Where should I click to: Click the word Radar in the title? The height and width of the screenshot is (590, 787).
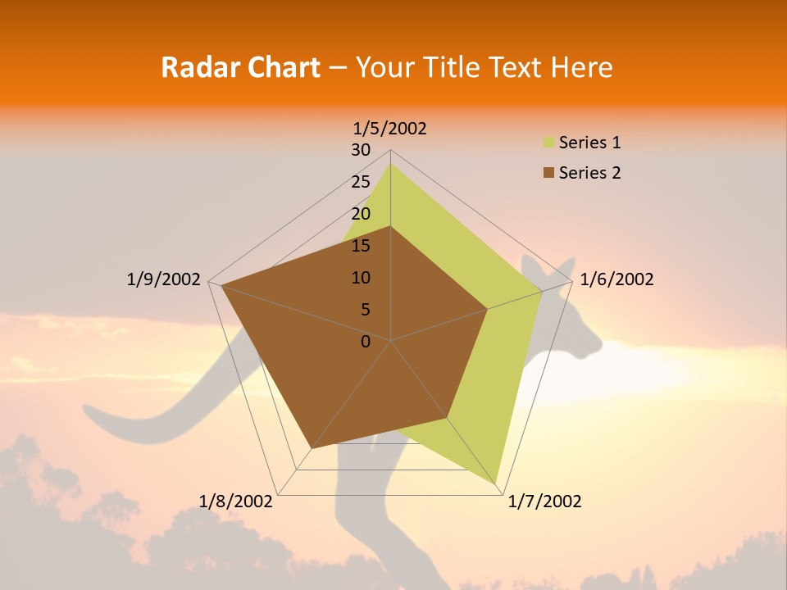194,67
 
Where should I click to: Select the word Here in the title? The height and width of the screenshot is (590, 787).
581,67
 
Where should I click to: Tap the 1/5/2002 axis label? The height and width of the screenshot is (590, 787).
390,128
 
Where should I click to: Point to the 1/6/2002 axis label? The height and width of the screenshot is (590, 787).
616,279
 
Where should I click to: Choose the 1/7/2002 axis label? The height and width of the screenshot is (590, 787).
544,501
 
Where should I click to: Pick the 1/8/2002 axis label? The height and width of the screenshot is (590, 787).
236,501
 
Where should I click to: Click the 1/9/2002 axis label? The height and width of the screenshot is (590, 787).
163,279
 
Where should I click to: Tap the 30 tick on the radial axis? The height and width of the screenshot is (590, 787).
361,150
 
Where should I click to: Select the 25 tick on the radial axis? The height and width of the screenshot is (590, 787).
361,182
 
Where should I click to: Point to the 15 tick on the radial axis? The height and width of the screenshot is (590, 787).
361,246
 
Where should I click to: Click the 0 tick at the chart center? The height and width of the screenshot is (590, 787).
366,342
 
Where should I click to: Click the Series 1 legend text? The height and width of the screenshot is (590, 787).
589,143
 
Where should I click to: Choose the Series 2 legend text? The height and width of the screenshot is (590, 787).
589,173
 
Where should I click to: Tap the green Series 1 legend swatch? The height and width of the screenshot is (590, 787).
548,143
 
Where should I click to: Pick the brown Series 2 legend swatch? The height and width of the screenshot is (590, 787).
548,173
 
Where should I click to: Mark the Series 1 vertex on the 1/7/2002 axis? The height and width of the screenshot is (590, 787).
495,484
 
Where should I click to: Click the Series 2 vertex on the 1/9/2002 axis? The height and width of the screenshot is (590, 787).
221,285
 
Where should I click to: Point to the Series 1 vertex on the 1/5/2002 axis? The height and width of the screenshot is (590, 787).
390,163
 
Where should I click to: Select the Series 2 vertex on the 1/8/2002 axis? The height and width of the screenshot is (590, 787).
312,448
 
